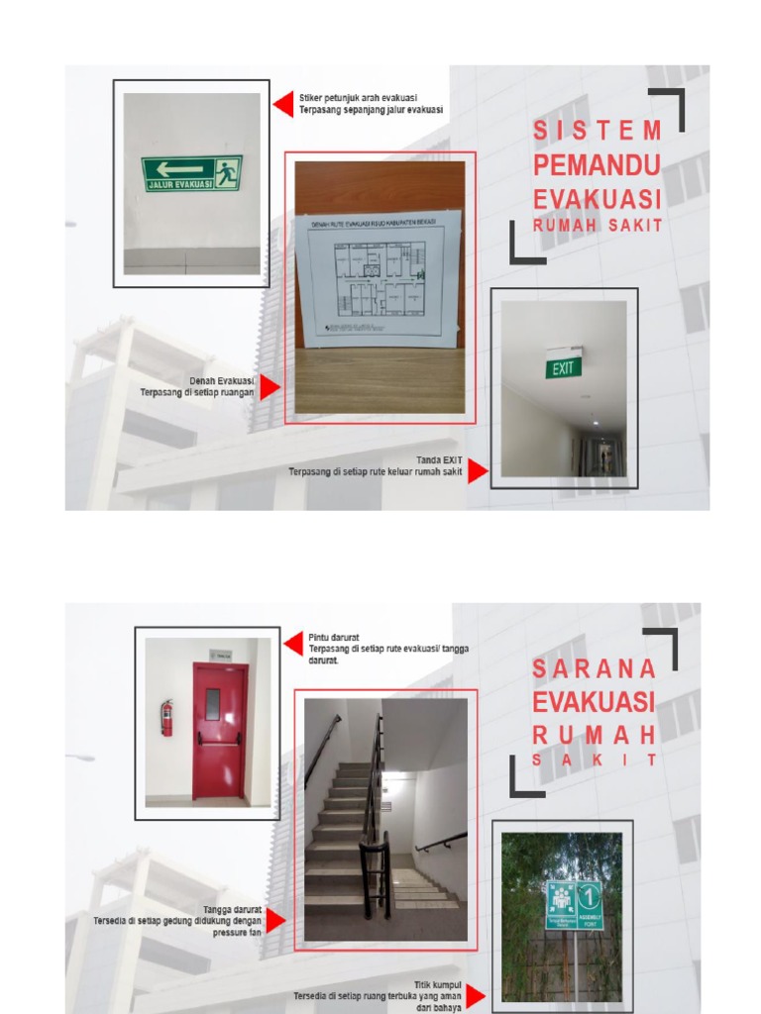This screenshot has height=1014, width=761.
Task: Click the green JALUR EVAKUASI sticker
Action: pyautogui.click(x=191, y=173)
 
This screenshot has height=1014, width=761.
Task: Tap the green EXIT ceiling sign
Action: pyautogui.click(x=563, y=368)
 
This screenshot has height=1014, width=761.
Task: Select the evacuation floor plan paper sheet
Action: pyautogui.click(x=380, y=277)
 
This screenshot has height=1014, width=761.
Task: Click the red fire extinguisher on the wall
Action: pyautogui.click(x=166, y=717)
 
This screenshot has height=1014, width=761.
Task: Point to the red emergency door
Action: pyautogui.click(x=219, y=731)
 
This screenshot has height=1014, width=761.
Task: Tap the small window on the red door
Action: pyautogui.click(x=213, y=704)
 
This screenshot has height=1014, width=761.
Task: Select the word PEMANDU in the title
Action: pyautogui.click(x=597, y=164)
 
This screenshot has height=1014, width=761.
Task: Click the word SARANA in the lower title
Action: pyautogui.click(x=595, y=668)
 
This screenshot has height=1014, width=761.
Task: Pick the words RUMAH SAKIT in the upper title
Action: pyautogui.click(x=598, y=226)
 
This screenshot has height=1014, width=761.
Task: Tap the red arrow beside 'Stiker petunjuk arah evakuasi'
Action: pyautogui.click(x=283, y=104)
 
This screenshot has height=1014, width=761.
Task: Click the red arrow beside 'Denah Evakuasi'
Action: pyautogui.click(x=270, y=387)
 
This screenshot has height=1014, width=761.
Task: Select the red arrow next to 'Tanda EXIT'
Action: pyautogui.click(x=478, y=471)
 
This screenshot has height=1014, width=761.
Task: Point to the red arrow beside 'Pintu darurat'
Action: pyautogui.click(x=292, y=644)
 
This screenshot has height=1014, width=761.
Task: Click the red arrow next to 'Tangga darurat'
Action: pyautogui.click(x=275, y=920)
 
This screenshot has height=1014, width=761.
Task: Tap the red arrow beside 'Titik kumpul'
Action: pyautogui.click(x=476, y=995)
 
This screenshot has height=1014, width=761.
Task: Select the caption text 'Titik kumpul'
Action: pyautogui.click(x=437, y=984)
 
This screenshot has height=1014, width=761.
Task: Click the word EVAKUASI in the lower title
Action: pyautogui.click(x=594, y=702)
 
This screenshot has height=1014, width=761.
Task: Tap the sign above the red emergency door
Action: pyautogui.click(x=219, y=655)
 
